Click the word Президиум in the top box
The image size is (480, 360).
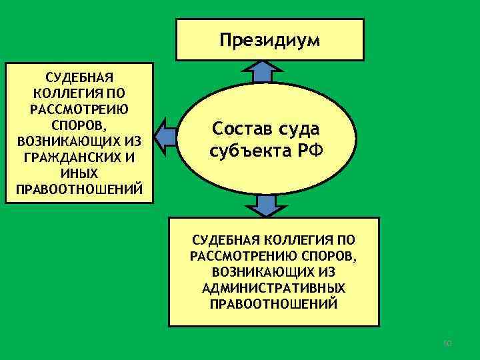click(269, 41)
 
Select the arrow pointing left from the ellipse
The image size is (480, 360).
click(164, 138)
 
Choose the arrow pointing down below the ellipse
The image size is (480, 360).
click(266, 206)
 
